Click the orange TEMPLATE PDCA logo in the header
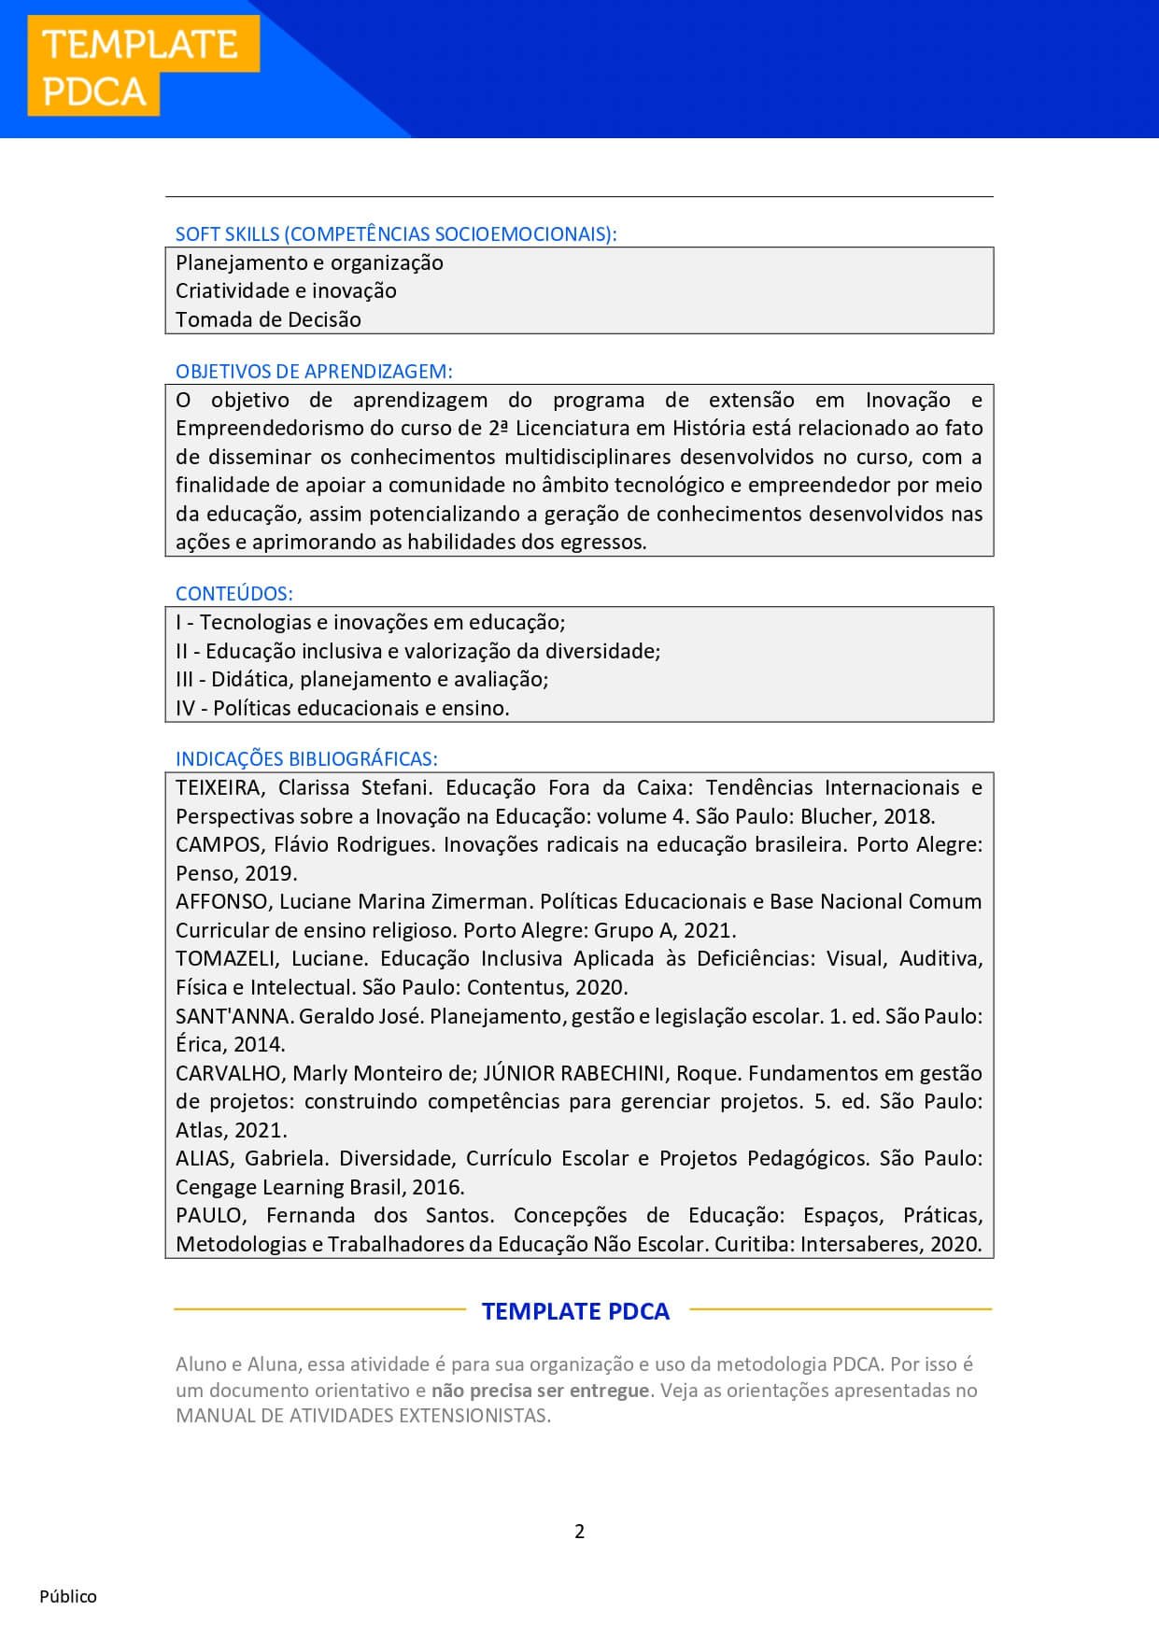pyautogui.click(x=142, y=67)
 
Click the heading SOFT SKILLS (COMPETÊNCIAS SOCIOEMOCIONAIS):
pyautogui.click(x=396, y=234)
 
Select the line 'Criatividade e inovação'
pyautogui.click(x=286, y=291)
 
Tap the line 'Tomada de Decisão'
pyautogui.click(x=268, y=319)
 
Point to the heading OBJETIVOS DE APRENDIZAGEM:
pyautogui.click(x=314, y=372)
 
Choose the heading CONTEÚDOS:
pyautogui.click(x=233, y=594)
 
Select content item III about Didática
pyautogui.click(x=361, y=680)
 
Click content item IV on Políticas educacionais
pyautogui.click(x=342, y=709)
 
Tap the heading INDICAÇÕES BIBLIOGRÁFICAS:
pyautogui.click(x=306, y=759)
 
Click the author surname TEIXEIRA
pyautogui.click(x=219, y=788)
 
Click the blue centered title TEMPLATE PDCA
pyautogui.click(x=575, y=1311)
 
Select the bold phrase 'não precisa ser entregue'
pyautogui.click(x=540, y=1391)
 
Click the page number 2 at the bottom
pyautogui.click(x=579, y=1532)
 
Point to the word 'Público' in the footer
pyautogui.click(x=68, y=1597)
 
